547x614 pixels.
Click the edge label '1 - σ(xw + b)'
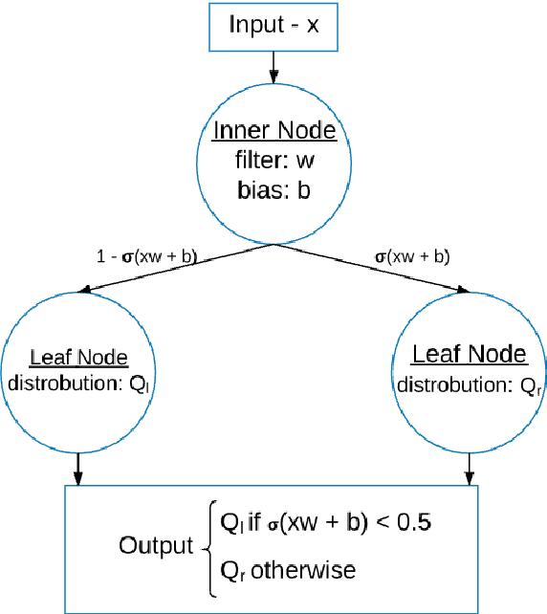(x=143, y=255)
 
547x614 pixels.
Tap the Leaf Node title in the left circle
(x=79, y=359)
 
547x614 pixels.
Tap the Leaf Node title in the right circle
(x=469, y=355)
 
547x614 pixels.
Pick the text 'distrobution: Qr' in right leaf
(x=469, y=385)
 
